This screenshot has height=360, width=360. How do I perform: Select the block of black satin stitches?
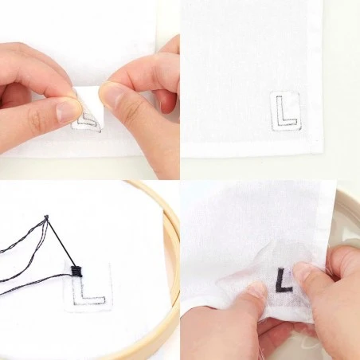coord(76,272)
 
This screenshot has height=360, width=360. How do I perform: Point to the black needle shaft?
coord(60,242)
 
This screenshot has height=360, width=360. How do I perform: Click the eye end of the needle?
coord(47,217)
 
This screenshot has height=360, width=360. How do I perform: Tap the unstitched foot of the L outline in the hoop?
coord(92,300)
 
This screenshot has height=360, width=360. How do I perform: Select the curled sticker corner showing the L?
coord(88,122)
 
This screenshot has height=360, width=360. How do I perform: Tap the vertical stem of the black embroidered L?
coord(279,280)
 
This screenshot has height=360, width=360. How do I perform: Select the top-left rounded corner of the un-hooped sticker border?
coord(272,93)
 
